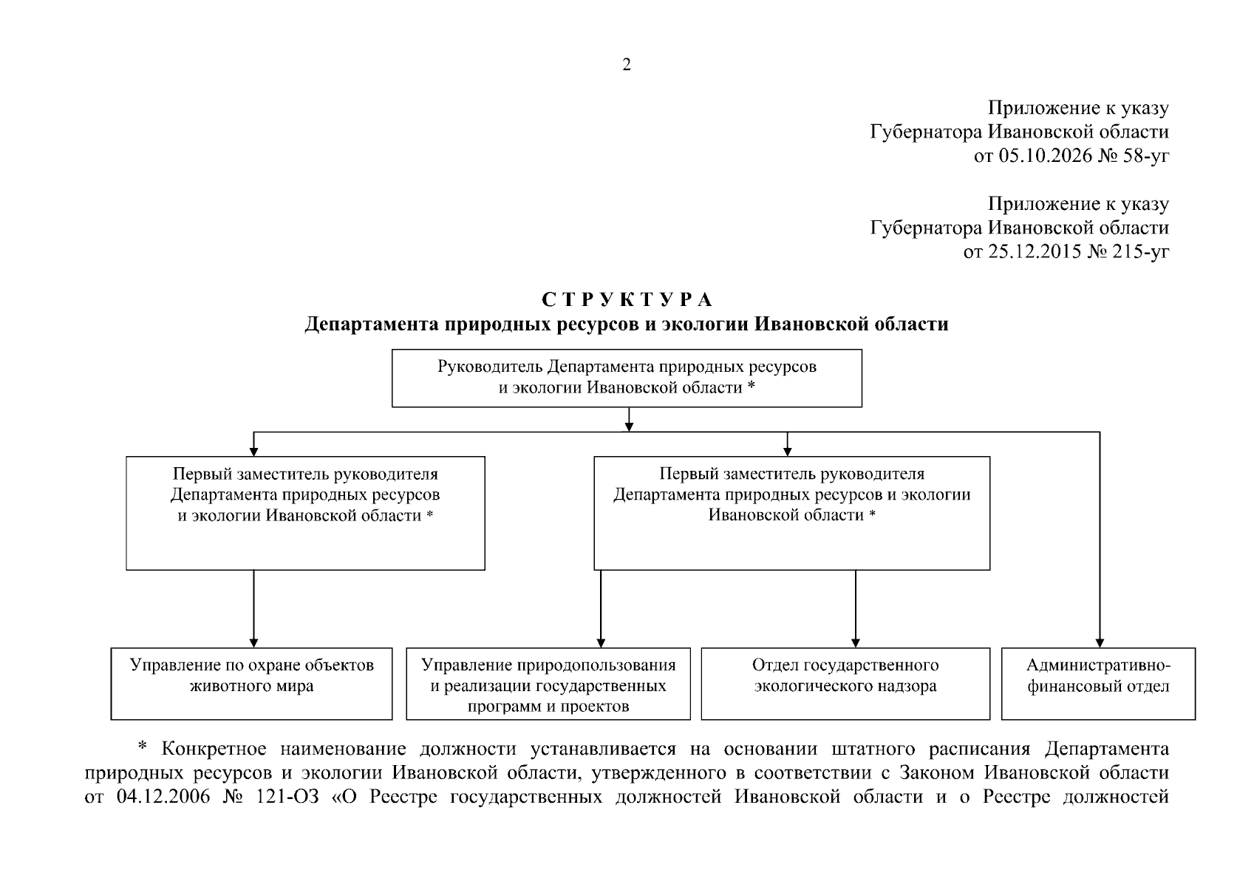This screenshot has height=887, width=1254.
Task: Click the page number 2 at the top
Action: pyautogui.click(x=627, y=64)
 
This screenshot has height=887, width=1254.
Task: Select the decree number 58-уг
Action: pyautogui.click(x=1145, y=156)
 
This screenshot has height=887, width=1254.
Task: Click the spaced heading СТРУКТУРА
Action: pyautogui.click(x=627, y=299)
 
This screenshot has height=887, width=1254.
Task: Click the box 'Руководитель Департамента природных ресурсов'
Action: pyautogui.click(x=627, y=378)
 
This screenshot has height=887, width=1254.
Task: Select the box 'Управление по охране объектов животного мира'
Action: pyautogui.click(x=251, y=684)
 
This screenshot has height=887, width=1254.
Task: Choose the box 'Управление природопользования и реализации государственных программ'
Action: pyautogui.click(x=548, y=684)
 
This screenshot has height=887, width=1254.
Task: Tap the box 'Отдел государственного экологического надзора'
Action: pyautogui.click(x=845, y=684)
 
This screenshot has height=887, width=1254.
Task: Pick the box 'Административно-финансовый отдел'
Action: pyautogui.click(x=1098, y=684)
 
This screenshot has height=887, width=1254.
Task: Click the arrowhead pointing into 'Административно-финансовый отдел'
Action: pyautogui.click(x=1100, y=643)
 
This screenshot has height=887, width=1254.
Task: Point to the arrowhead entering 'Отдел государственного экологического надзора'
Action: pyautogui.click(x=856, y=643)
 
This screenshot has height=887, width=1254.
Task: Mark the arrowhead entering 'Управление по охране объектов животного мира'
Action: pyautogui.click(x=253, y=643)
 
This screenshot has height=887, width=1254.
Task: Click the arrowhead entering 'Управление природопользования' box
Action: pyautogui.click(x=601, y=643)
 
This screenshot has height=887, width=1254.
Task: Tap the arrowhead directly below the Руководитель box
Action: pyautogui.click(x=629, y=427)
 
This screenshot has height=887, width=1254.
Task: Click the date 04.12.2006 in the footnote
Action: pyautogui.click(x=163, y=797)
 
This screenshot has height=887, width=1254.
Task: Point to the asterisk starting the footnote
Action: pyautogui.click(x=142, y=746)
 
